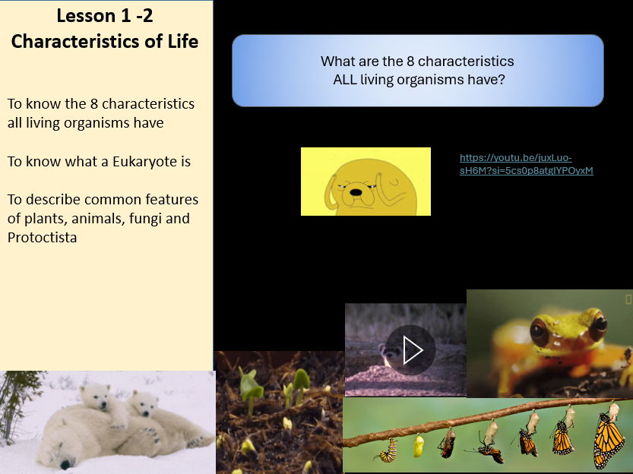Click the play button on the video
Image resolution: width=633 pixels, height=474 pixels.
410,350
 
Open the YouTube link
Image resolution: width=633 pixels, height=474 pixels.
526,164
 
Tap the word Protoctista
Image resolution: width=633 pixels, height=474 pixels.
43,238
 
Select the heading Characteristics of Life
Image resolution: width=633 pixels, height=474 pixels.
105,41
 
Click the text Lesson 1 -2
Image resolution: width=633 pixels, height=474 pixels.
105,14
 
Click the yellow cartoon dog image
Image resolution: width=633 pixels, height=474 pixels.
366,182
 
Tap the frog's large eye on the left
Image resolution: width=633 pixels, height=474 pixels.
540,330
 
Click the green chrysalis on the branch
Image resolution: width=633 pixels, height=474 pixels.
418,446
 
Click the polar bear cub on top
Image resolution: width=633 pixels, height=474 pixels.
104,403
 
